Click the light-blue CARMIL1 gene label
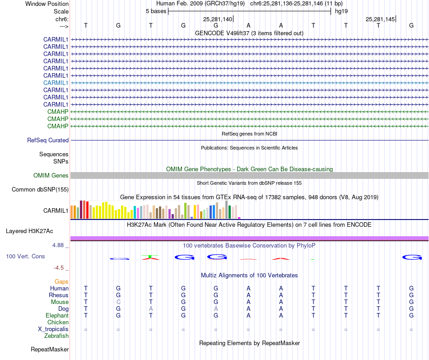56,83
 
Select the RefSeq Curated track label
48,140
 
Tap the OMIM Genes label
51,176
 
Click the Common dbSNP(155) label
40,190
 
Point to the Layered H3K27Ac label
29,231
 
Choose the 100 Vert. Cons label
25,257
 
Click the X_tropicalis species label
53,329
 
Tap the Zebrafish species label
56,336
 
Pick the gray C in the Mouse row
118,302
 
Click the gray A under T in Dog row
151,309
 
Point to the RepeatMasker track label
50,350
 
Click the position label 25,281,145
380,19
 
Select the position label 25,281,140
218,19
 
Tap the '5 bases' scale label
156,11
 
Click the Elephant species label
57,316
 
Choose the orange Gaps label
62,282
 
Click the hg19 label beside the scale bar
341,11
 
